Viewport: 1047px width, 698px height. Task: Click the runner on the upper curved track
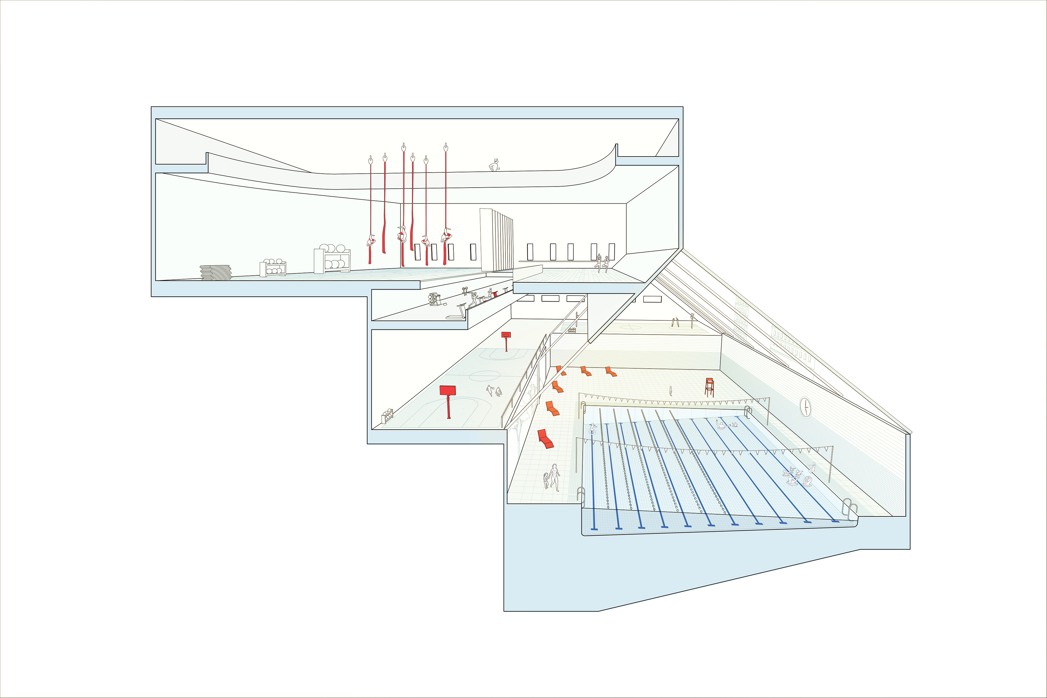tap(494, 165)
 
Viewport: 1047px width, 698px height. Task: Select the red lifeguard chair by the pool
tap(709, 386)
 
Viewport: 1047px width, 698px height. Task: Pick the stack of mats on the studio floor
tap(216, 272)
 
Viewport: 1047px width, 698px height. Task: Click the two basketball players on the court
tap(494, 391)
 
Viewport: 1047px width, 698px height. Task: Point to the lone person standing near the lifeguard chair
tap(671, 391)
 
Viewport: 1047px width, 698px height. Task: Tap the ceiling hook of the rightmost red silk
tap(446, 147)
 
